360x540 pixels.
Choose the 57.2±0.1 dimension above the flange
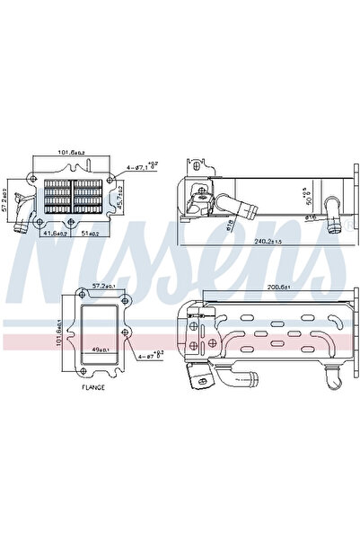(x=107, y=286)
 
